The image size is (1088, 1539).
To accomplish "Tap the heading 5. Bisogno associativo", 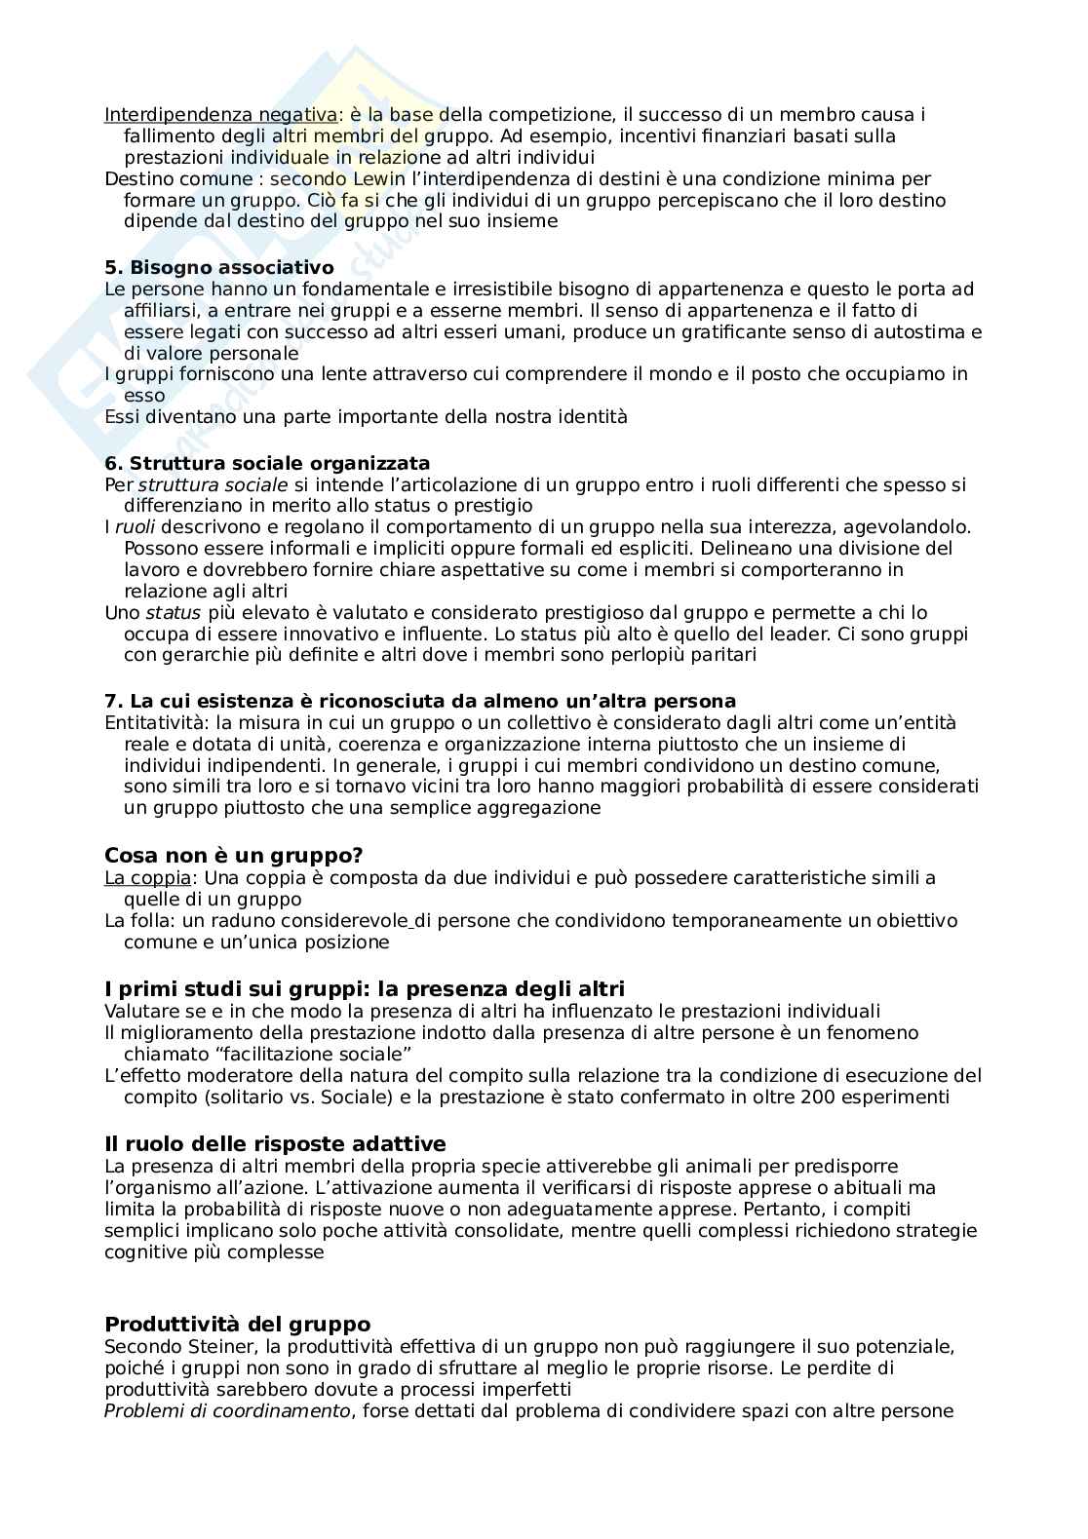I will point(218,267).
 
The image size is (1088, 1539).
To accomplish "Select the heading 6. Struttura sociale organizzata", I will point(267,463).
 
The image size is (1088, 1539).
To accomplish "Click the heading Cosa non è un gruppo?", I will point(233,855).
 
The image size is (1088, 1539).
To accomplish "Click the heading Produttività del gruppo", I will point(237,1324).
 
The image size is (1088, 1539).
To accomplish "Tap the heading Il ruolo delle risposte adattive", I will point(275,1143).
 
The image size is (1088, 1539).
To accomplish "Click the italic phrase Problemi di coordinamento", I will point(226,1410).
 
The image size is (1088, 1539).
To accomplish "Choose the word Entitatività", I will point(154,722).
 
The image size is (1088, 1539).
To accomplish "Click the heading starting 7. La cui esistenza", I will point(419,701).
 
